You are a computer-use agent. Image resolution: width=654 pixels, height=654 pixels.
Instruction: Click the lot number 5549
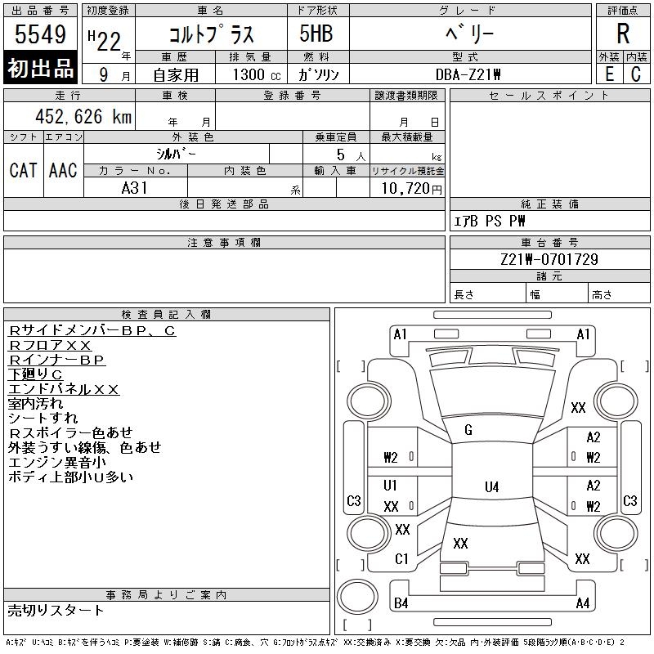(x=40, y=34)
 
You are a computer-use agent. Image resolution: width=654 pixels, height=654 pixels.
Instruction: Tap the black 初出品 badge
(x=40, y=68)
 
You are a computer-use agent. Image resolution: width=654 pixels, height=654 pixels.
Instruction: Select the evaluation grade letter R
(x=623, y=34)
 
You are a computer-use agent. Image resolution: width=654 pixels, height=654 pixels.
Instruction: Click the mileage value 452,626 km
(x=83, y=116)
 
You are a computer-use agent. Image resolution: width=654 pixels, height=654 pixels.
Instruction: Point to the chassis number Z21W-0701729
(x=549, y=259)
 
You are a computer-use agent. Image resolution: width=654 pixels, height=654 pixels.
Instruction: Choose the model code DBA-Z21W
(x=468, y=74)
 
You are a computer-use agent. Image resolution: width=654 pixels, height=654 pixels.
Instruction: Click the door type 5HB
(x=316, y=34)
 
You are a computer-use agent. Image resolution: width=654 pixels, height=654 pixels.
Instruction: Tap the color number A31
(x=134, y=188)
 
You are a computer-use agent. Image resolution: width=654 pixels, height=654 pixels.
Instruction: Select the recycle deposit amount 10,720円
(x=411, y=189)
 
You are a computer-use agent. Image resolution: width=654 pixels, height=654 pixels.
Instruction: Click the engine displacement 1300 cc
(x=257, y=74)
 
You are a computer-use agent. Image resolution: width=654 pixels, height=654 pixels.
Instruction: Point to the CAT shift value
(x=24, y=170)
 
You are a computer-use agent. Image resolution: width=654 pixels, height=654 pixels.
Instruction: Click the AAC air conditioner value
(x=63, y=170)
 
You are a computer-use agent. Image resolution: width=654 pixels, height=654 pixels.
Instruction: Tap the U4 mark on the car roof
(x=492, y=486)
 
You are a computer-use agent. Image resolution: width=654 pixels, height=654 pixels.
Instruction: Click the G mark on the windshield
(x=468, y=430)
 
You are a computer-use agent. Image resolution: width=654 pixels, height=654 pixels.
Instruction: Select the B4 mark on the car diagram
(x=401, y=603)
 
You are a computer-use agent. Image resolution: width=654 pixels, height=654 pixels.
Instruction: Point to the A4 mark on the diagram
(x=583, y=603)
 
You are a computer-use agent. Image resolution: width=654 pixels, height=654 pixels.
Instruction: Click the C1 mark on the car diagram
(x=401, y=558)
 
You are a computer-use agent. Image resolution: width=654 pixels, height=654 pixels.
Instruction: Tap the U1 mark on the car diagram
(x=390, y=485)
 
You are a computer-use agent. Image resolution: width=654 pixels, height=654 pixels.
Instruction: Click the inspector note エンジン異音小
(x=56, y=462)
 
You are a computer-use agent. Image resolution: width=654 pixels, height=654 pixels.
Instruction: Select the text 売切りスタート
(x=56, y=610)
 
